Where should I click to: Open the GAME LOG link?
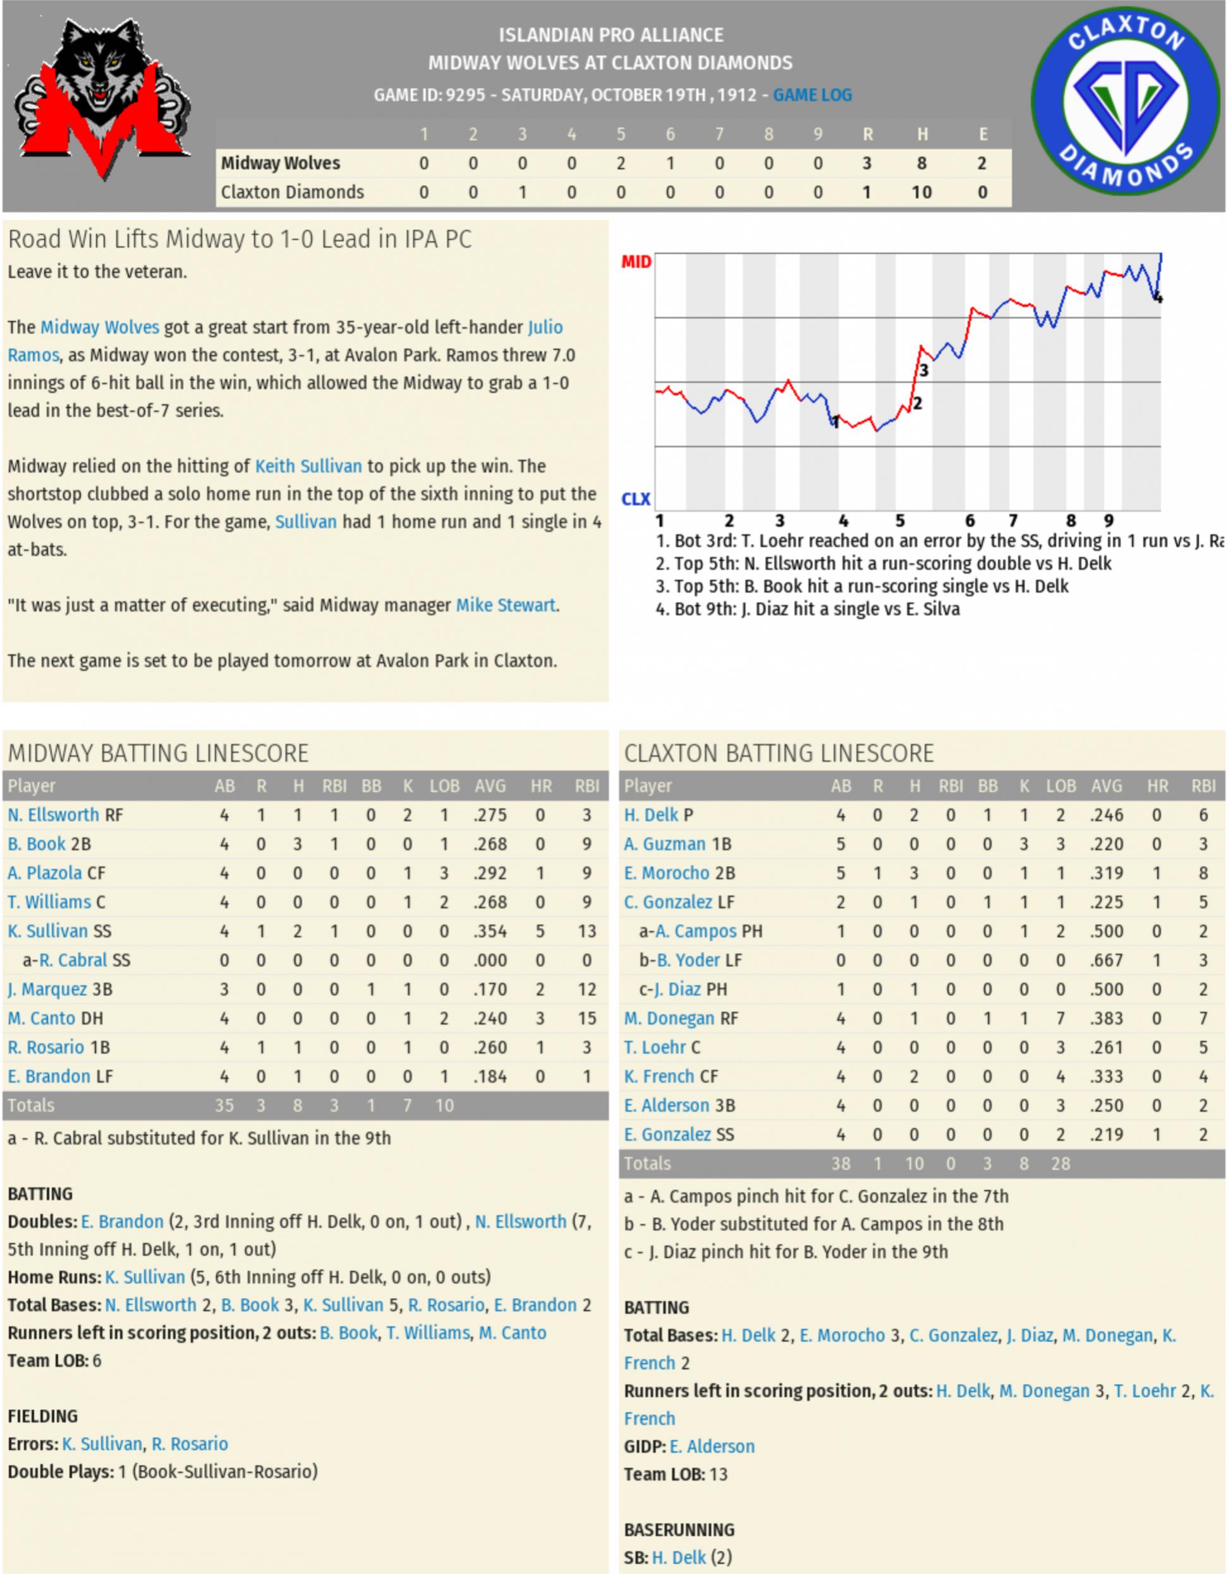pyautogui.click(x=812, y=95)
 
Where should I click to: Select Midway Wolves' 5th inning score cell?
pyautogui.click(x=621, y=164)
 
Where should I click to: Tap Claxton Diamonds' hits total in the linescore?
pyautogui.click(x=921, y=193)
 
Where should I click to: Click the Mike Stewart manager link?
pyautogui.click(x=505, y=605)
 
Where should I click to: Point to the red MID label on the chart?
pyautogui.click(x=636, y=262)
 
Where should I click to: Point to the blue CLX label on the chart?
pyautogui.click(x=636, y=499)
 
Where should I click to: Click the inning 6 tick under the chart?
pyautogui.click(x=970, y=520)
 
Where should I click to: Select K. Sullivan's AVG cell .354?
pyautogui.click(x=490, y=931)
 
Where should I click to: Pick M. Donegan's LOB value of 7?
pyautogui.click(x=1061, y=1019)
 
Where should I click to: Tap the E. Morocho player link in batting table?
pyautogui.click(x=667, y=873)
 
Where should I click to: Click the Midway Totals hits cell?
pyautogui.click(x=298, y=1105)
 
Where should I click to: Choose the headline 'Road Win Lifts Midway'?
pyautogui.click(x=240, y=239)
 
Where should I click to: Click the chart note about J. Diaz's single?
pyautogui.click(x=807, y=609)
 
